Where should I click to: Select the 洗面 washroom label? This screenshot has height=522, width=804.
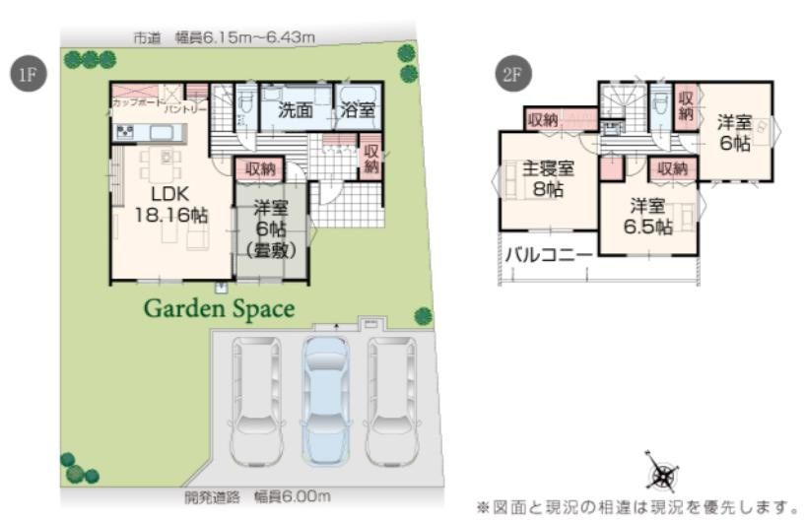point(295,110)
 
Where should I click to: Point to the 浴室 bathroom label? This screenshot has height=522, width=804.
point(357,110)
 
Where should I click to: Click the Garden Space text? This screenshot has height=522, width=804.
point(220,308)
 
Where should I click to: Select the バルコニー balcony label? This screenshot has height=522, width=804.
point(550,255)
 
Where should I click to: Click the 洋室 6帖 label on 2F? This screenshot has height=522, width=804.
point(734,132)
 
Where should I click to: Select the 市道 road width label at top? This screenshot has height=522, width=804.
point(224,37)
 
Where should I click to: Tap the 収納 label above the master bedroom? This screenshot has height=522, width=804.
point(543,119)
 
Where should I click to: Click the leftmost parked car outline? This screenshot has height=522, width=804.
point(255,399)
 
